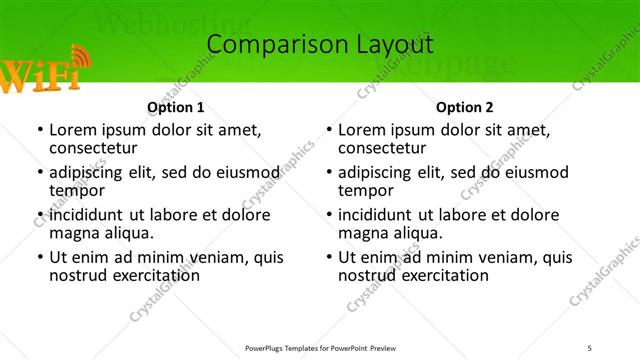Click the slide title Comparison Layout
[x=319, y=45]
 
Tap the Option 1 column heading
[x=175, y=107]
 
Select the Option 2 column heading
[x=464, y=107]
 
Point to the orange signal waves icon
[x=79, y=58]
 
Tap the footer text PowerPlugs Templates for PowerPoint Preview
[x=319, y=347]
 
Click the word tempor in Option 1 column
[x=77, y=191]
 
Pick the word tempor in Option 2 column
[x=366, y=191]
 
